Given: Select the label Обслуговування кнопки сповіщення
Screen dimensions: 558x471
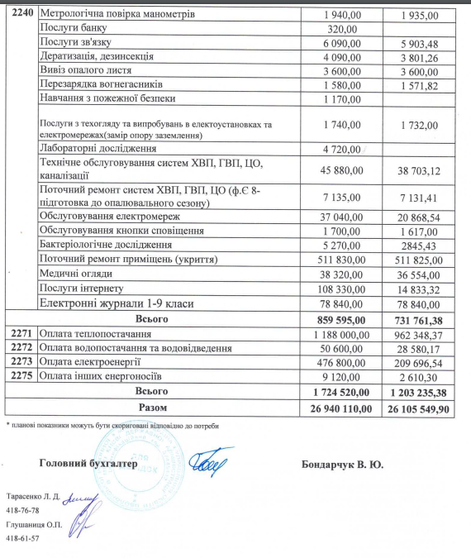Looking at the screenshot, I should point(121,230).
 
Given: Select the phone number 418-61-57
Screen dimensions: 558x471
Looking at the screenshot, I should point(22,538).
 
